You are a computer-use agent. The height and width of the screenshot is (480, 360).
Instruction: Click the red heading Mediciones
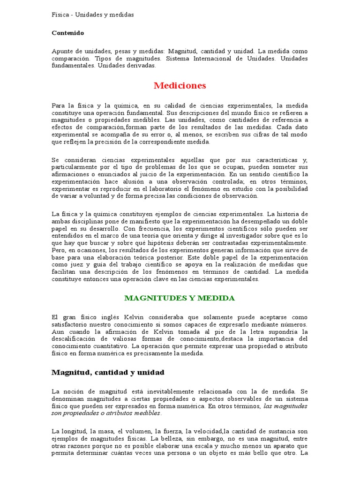pos(180,86)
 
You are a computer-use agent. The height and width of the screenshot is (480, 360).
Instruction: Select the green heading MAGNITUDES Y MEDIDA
pos(180,298)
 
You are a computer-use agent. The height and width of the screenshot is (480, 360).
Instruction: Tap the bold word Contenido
pos(67,33)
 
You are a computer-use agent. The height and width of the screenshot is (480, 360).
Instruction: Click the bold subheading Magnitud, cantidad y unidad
pos(108,372)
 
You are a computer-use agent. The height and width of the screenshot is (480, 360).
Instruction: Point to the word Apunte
pos(62,51)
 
